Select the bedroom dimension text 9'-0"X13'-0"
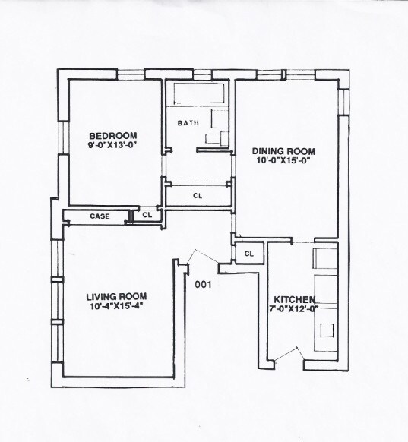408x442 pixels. (x=111, y=144)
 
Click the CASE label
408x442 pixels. (x=100, y=216)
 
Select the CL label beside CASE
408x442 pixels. (x=147, y=216)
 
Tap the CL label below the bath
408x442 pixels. (x=197, y=196)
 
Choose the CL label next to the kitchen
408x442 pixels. (x=248, y=253)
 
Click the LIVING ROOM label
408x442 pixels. (x=115, y=296)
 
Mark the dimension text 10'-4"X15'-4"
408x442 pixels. (x=115, y=306)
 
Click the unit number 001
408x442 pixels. (x=203, y=286)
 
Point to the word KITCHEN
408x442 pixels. (x=289, y=298)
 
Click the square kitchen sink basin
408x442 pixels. (x=327, y=330)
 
